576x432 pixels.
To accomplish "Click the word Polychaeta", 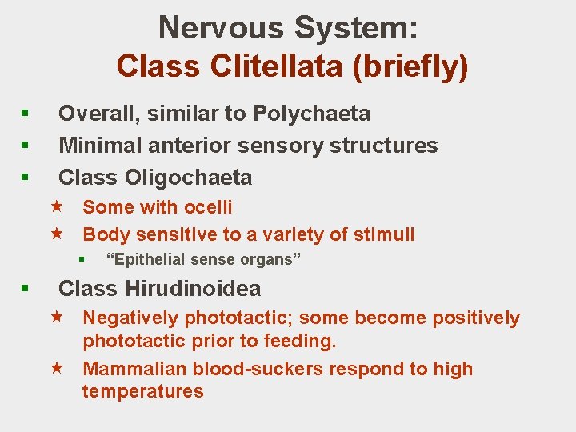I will click(312, 114).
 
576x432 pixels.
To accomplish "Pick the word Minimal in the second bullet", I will click(97, 145).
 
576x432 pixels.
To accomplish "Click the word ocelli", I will click(207, 207).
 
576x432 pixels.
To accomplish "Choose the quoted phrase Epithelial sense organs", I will click(203, 259).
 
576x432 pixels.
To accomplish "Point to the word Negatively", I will click(131, 318).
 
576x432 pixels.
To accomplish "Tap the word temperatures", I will click(143, 391).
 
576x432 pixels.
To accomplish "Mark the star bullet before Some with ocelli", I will click(57, 207).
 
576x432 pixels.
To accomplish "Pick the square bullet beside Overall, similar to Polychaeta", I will click(26, 114).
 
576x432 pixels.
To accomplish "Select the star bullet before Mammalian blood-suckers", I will click(57, 369).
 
